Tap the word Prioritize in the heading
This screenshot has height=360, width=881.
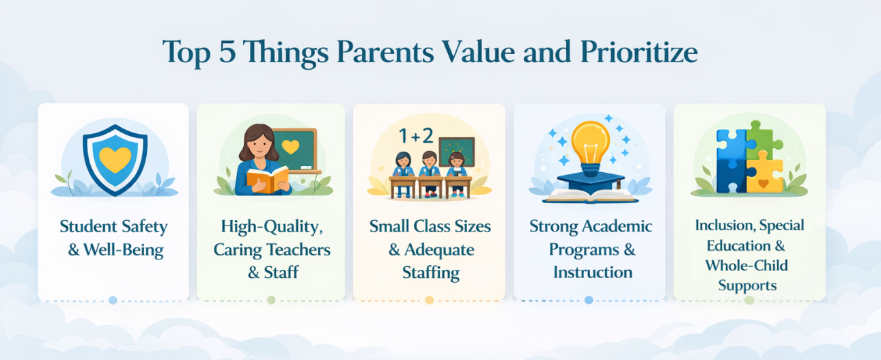(x=635, y=53)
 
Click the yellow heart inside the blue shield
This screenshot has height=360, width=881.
(x=114, y=159)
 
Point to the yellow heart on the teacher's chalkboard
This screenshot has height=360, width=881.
(x=290, y=146)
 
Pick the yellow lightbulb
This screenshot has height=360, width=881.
(x=590, y=144)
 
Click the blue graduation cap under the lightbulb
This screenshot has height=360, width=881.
(x=589, y=180)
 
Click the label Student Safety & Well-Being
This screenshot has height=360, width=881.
(x=113, y=238)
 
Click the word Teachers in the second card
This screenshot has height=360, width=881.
(x=297, y=249)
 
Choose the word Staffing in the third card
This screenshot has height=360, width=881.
(x=430, y=273)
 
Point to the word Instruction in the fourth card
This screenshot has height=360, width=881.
(x=592, y=272)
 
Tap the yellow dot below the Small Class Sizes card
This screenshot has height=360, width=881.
(x=430, y=300)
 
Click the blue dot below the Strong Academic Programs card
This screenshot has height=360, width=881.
(x=589, y=300)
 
